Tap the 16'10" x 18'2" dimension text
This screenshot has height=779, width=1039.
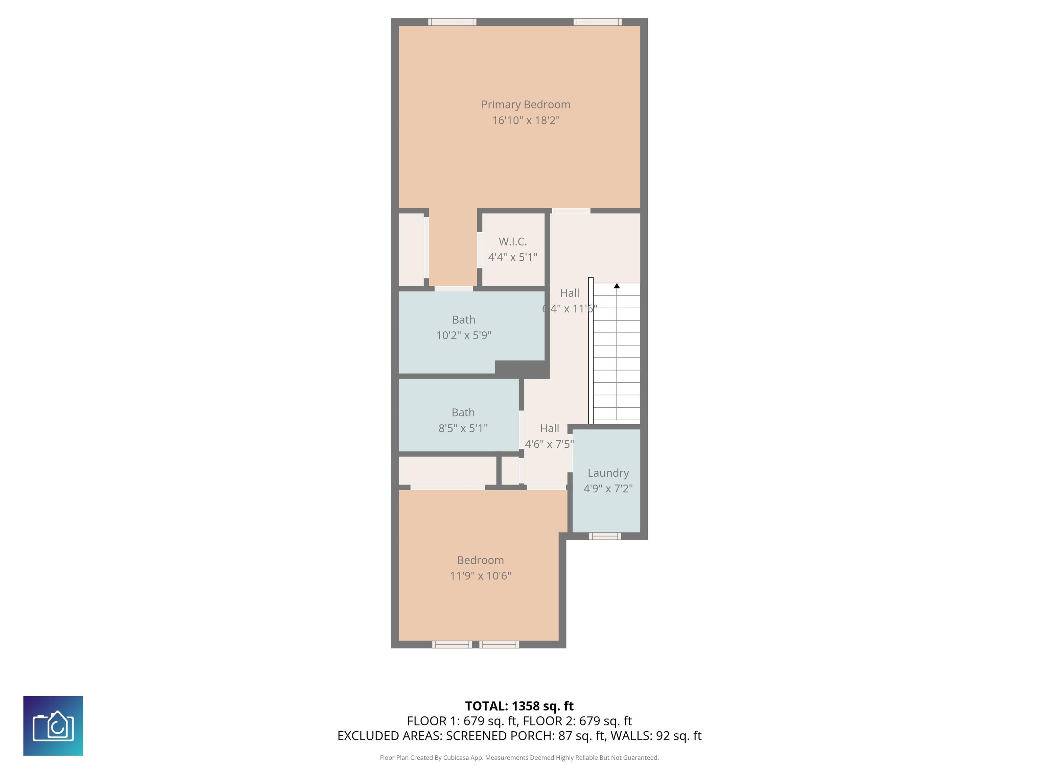[525, 120]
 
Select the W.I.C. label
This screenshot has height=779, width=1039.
[512, 241]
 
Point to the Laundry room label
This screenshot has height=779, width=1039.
[608, 473]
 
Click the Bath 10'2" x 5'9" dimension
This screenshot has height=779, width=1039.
[464, 335]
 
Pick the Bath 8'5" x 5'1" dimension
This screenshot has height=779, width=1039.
[463, 428]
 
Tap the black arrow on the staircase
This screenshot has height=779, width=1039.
[617, 285]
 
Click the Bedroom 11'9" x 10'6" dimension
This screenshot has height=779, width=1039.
[480, 576]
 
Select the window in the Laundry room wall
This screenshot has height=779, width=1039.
[605, 536]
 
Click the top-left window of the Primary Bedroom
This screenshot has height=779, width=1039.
[452, 22]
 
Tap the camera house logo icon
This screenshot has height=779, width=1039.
[53, 726]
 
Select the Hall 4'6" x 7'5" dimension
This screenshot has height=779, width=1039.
[549, 444]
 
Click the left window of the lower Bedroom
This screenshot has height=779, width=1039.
[452, 644]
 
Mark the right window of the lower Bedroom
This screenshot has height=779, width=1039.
[499, 644]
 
